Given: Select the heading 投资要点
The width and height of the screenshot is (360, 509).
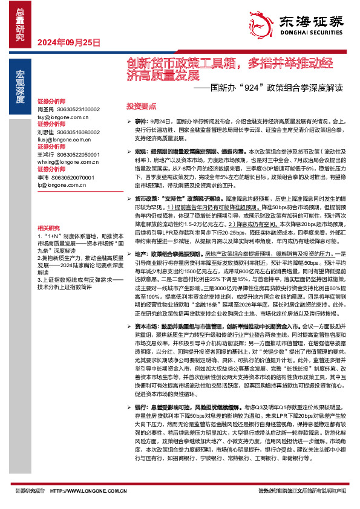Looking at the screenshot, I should pos(138,105).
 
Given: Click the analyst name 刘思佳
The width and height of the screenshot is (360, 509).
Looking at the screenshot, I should pos(46,132).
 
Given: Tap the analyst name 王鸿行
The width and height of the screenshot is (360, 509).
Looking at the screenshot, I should pos(46,155).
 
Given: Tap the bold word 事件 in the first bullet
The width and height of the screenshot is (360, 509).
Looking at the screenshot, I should pos(140,122).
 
